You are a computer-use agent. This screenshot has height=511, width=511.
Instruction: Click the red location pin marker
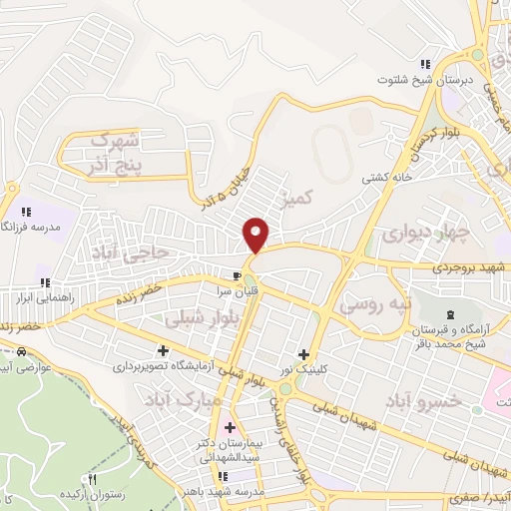click(256, 234)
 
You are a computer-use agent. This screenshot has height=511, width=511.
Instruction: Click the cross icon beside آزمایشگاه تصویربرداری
click(163, 350)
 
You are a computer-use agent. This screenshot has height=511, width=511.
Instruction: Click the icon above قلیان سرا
click(237, 276)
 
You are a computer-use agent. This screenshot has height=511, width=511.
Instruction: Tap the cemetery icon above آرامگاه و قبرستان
click(448, 315)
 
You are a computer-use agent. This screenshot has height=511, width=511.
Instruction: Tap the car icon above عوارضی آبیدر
click(21, 351)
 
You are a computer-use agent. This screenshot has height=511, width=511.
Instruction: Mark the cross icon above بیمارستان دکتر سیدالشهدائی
click(231, 427)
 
